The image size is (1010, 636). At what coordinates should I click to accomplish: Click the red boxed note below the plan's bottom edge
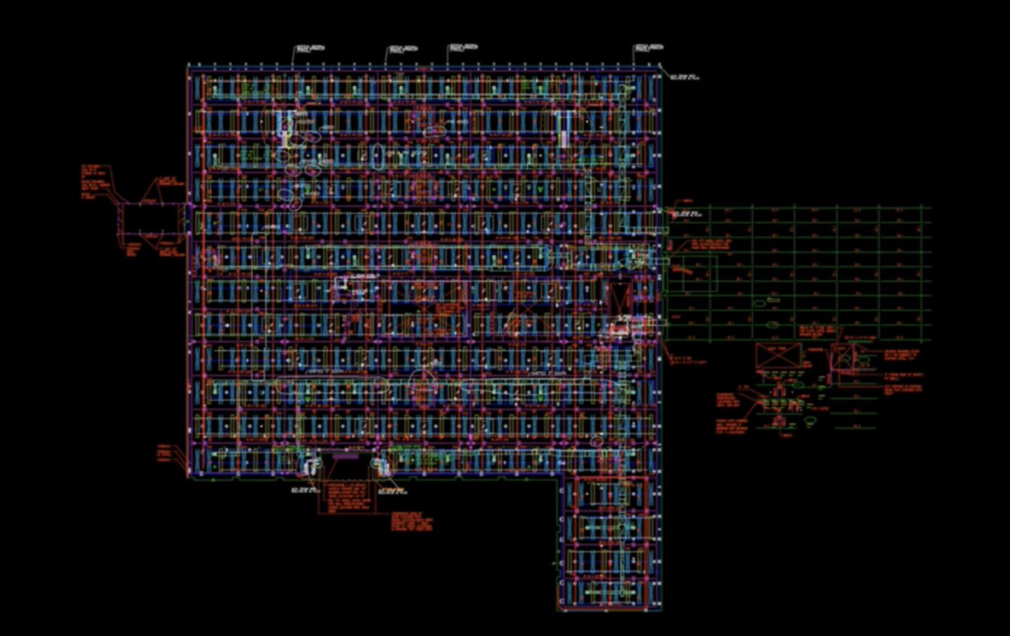click(345, 498)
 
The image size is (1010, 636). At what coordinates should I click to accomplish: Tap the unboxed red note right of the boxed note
click(412, 522)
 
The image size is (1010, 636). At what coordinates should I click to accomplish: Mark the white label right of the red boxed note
click(392, 489)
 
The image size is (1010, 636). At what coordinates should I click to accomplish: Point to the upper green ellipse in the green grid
click(758, 302)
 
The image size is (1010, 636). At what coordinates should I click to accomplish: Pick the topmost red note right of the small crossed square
click(901, 355)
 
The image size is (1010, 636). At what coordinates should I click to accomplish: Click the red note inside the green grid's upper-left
click(711, 245)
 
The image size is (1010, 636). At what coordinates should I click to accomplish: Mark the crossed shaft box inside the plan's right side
click(621, 297)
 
